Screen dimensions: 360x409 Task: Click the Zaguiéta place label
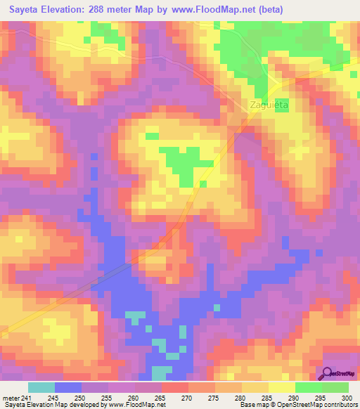[270, 105]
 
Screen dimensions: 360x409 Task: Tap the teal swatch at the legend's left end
[41, 387]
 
